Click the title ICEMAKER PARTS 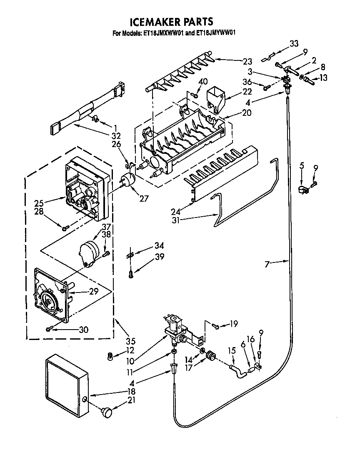(x=172, y=22)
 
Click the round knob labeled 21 (x=107, y=412)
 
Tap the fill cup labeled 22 (x=215, y=98)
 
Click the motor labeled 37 (x=90, y=252)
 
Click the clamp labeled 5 (x=303, y=190)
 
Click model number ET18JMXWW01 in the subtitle (x=163, y=34)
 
